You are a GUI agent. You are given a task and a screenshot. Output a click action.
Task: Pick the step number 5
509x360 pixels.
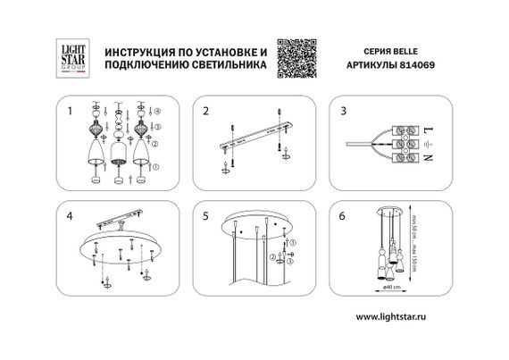[x=204, y=216]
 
